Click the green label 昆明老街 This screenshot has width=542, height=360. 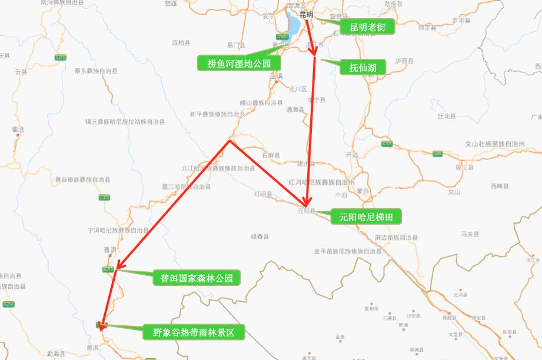[367, 27]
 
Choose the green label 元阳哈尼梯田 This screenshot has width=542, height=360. [366, 217]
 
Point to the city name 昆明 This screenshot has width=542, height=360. [307, 14]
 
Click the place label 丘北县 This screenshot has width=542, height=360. [447, 116]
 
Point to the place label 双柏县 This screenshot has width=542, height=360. [181, 43]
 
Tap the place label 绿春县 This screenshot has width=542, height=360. [260, 237]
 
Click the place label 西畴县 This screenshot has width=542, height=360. [500, 186]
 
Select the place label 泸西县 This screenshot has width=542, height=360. [404, 61]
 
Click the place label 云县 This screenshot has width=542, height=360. [21, 72]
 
